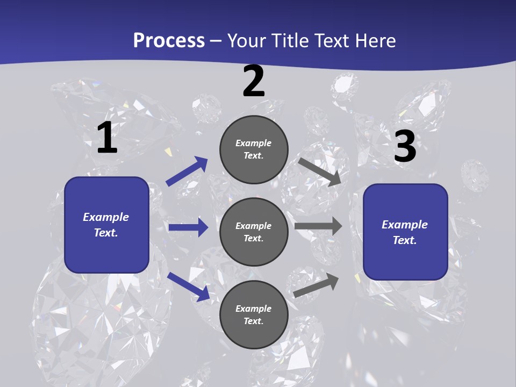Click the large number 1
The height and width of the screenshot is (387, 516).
107,138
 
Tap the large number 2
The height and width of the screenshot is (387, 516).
254,82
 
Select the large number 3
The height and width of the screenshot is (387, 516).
405,147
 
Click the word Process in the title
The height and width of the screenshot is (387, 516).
169,40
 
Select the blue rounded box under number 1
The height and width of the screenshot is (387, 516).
106,225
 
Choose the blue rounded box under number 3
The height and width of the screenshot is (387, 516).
405,232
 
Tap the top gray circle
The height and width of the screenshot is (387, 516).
254,149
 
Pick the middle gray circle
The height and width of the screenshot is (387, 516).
254,232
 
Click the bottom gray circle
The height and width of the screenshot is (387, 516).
254,314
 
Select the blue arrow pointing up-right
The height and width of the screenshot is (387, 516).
187,171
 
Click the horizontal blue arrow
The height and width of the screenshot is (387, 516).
188,227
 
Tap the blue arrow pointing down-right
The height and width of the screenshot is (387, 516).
188,286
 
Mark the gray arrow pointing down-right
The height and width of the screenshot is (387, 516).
320,172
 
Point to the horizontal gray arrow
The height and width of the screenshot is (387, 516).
318,226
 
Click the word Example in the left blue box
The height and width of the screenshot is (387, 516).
106,217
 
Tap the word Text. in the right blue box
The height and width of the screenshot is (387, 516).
405,240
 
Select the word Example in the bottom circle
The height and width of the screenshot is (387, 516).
254,309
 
